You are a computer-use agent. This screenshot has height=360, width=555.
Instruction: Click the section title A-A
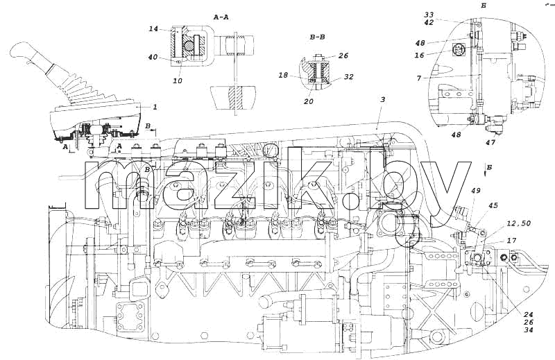(221, 17)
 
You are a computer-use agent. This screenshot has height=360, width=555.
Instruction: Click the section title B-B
(318, 37)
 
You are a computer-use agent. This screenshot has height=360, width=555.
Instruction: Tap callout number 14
(153, 28)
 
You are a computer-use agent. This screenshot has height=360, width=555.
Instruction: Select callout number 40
(153, 57)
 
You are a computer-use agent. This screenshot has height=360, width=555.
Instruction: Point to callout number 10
(178, 80)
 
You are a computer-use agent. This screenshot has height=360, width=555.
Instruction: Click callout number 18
(284, 76)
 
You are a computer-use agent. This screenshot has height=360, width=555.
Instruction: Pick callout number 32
(349, 76)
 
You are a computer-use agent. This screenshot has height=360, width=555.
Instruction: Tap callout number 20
(309, 101)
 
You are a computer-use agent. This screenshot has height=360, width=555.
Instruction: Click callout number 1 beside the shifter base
(155, 107)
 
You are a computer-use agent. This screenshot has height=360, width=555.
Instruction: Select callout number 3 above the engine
(382, 99)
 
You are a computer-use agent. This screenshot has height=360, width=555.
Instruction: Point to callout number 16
(420, 55)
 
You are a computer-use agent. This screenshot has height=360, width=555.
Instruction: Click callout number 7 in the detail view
(419, 78)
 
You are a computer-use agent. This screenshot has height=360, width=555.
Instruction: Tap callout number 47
(491, 142)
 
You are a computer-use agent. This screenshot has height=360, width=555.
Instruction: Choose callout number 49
(476, 191)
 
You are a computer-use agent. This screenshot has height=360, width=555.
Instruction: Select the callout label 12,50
(518, 223)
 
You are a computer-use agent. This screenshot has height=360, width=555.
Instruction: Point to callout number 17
(511, 241)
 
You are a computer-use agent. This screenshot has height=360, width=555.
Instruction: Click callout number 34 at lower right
(528, 330)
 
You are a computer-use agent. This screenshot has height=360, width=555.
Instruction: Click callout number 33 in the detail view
(429, 15)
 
